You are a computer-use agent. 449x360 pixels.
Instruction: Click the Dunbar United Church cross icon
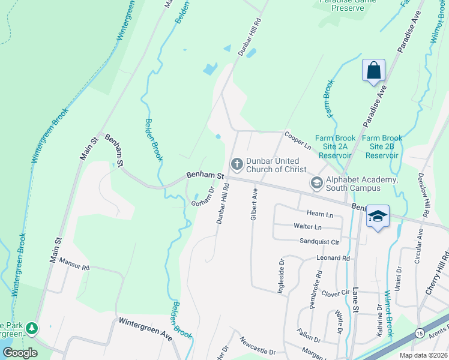[237, 163]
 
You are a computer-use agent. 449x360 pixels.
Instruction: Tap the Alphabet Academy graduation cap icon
[316, 182]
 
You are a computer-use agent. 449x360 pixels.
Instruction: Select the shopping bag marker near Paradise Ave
[373, 70]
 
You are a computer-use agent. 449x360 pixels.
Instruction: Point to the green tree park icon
[31, 328]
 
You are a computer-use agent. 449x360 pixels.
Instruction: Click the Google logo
[20, 353]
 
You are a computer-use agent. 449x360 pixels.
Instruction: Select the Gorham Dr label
[203, 198]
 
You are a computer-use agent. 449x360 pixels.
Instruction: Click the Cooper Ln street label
[298, 141]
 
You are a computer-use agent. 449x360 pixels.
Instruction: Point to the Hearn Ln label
[319, 214]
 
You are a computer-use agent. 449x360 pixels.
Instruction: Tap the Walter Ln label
[307, 227]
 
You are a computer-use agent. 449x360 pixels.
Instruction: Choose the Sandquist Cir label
[320, 241]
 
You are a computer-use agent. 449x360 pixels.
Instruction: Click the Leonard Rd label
[333, 258]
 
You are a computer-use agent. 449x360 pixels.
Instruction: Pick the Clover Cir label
[335, 293]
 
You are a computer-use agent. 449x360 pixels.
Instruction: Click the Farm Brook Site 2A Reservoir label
[336, 146]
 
